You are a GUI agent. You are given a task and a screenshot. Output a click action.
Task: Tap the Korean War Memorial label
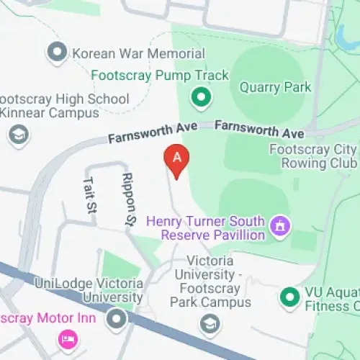[x=138, y=53]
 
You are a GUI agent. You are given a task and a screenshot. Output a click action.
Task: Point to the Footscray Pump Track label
[x=160, y=75]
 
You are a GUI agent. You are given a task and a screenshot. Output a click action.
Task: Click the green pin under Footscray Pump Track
[x=202, y=96]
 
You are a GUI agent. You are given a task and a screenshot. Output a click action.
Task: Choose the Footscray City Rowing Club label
[x=312, y=156]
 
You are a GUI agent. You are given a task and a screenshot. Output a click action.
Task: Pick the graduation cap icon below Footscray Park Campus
[x=210, y=322]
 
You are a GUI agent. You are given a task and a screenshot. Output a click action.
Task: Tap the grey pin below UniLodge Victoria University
[x=116, y=319]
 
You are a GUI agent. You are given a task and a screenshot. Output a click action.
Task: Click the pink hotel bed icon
[x=68, y=338]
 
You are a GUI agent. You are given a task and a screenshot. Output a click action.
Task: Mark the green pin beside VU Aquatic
[x=289, y=296]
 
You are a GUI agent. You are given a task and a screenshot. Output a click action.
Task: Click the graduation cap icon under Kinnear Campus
[x=17, y=135]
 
